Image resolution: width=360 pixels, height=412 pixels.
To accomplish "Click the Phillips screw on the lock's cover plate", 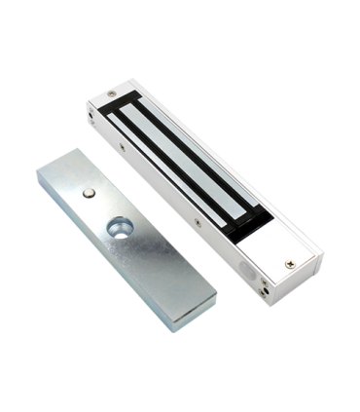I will click(x=289, y=260).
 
